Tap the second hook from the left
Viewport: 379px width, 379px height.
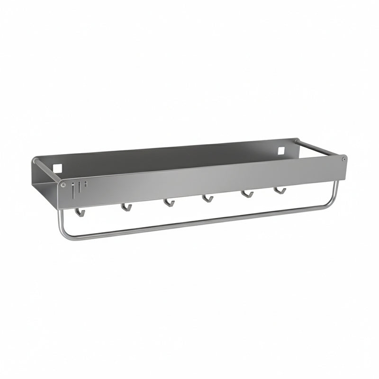point(126,207)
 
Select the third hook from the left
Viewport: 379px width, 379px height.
point(169,203)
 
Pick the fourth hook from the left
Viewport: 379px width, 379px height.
point(207,199)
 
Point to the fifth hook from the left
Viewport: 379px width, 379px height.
point(247,194)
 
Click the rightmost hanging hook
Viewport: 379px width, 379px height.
point(280,190)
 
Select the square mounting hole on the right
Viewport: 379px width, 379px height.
point(281,150)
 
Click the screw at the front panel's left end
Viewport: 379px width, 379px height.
point(63,185)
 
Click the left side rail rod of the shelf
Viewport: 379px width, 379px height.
point(47,170)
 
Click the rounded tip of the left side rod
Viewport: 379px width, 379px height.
point(35,161)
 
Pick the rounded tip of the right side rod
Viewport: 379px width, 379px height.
point(296,141)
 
